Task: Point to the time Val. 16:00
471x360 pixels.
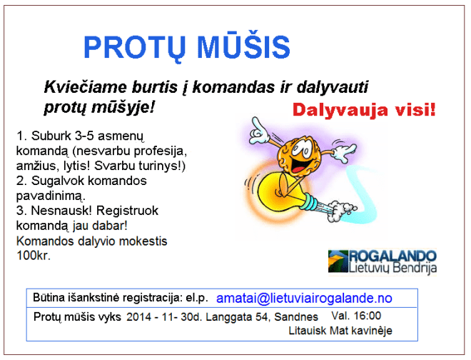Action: [x=356, y=316]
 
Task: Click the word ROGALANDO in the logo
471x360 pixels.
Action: [x=393, y=256]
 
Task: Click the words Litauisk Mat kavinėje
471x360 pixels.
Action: [x=340, y=331]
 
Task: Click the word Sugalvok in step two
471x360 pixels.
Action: [x=52, y=181]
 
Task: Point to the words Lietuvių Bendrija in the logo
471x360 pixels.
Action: [x=393, y=268]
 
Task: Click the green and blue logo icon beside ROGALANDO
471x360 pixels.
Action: [x=338, y=261]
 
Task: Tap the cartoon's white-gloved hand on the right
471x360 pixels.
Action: [x=344, y=150]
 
